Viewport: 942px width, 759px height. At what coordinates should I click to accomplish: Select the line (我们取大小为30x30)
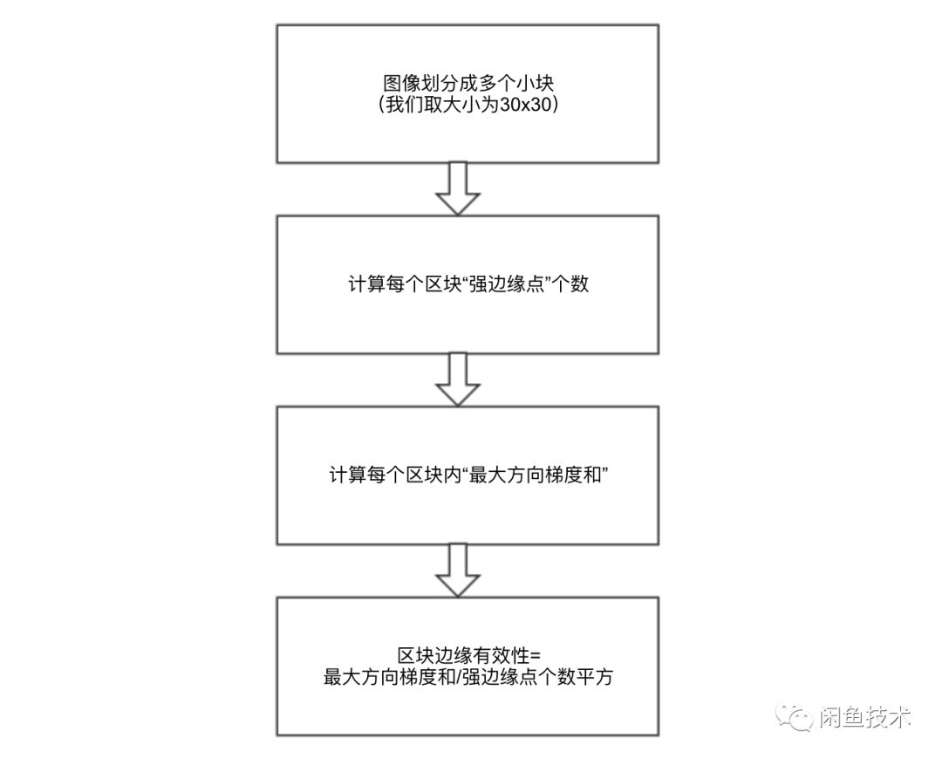click(x=468, y=106)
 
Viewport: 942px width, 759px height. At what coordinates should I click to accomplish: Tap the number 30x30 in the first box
click(x=528, y=106)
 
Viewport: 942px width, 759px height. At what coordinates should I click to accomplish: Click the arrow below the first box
click(x=458, y=188)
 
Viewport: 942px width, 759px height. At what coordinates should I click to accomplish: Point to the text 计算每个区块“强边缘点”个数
click(x=468, y=285)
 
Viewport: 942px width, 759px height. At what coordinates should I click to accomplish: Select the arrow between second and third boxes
click(x=458, y=379)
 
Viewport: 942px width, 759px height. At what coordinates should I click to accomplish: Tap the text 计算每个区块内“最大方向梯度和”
click(x=468, y=476)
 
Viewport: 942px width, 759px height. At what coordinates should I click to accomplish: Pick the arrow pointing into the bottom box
click(x=458, y=570)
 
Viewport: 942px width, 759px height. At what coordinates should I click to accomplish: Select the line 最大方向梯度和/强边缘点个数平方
click(x=468, y=678)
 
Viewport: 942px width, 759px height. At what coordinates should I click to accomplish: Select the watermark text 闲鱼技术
click(x=863, y=717)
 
